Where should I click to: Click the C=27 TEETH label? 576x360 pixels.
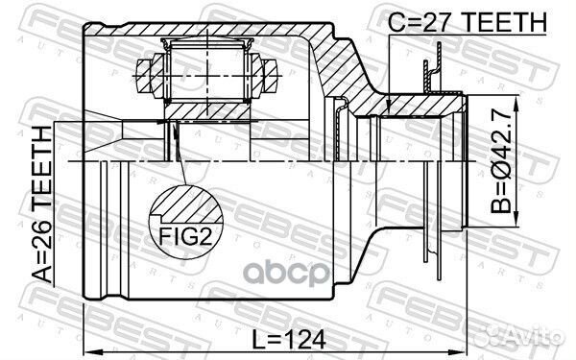[x=468, y=21]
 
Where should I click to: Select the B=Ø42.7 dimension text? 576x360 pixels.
[x=501, y=160]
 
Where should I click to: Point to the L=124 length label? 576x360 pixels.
[x=289, y=340]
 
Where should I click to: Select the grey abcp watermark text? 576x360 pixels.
[x=286, y=273]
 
